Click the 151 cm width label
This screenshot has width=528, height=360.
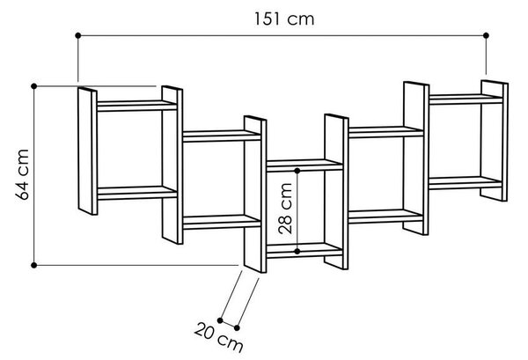click(x=284, y=18)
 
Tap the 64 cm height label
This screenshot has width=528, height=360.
click(x=23, y=175)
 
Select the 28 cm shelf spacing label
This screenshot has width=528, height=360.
click(x=285, y=209)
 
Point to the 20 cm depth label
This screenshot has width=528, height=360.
click(x=218, y=337)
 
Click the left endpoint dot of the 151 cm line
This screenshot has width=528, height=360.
click(x=78, y=35)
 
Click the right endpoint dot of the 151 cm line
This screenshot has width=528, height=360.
click(x=486, y=35)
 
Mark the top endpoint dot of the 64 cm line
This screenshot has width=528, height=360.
click(x=33, y=86)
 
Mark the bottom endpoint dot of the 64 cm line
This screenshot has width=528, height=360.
click(x=33, y=265)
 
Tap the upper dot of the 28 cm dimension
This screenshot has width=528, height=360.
click(x=297, y=171)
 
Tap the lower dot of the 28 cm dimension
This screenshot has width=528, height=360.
click(x=297, y=251)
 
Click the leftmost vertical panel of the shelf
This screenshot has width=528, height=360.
click(x=87, y=151)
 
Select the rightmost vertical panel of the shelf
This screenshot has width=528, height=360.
click(x=494, y=141)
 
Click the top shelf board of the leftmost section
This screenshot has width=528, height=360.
click(x=136, y=106)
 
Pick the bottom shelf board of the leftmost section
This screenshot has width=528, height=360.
click(x=137, y=193)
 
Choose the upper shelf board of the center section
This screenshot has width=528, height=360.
click(x=304, y=165)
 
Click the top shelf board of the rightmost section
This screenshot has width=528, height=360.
click(x=466, y=99)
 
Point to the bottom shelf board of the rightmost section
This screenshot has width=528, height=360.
click(x=466, y=183)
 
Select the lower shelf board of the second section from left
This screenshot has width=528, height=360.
click(x=222, y=222)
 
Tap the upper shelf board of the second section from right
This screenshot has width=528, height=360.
click(x=386, y=132)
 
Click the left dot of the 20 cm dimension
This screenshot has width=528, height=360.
click(x=220, y=320)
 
